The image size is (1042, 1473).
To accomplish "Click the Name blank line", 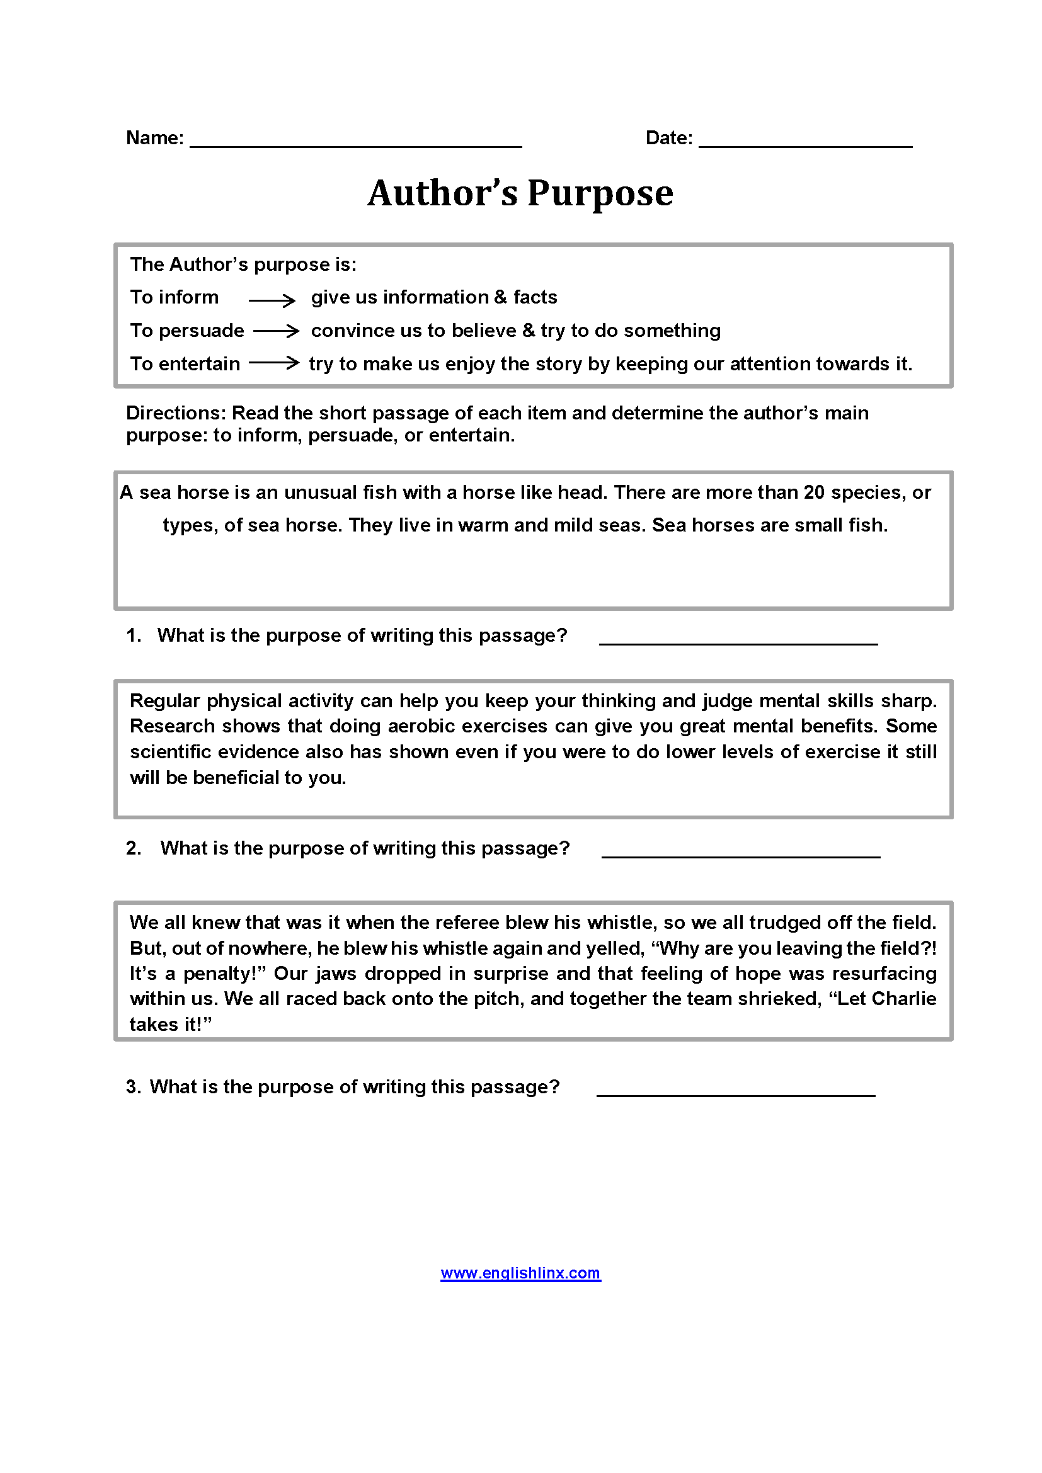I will point(355,144).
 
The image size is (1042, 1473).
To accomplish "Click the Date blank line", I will point(804,144).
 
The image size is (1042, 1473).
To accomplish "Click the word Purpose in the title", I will point(600,193).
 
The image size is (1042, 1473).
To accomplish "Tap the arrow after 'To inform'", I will point(272,300).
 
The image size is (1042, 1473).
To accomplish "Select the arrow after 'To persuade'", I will point(276,331).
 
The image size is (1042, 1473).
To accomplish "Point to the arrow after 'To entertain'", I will point(274,363).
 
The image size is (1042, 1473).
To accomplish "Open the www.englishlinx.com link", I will point(520,1273).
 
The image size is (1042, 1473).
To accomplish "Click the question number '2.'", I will point(134,849).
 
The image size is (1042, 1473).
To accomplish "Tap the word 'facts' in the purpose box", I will point(534,297).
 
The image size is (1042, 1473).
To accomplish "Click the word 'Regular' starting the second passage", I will point(164,701).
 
